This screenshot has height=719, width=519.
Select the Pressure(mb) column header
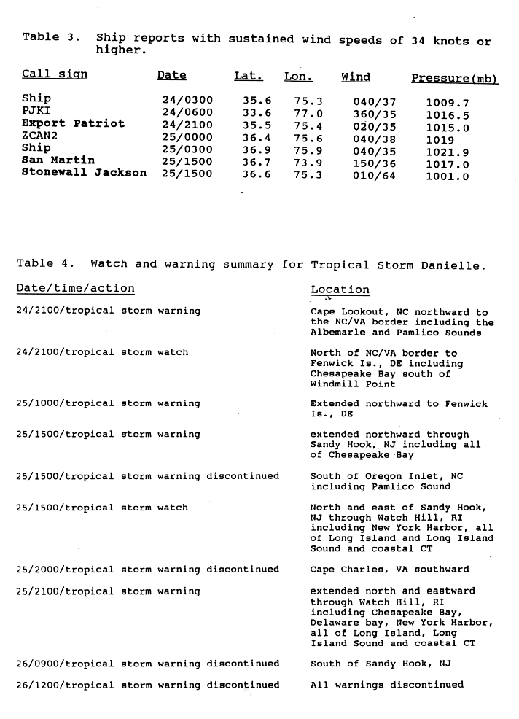pyautogui.click(x=454, y=78)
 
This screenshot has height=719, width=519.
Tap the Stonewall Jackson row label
pyautogui.click(x=84, y=173)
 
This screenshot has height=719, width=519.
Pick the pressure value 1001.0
pyautogui.click(x=448, y=176)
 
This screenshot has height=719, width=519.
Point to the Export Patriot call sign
pyautogui.click(x=73, y=123)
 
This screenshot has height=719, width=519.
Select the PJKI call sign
pyautogui.click(x=35, y=111)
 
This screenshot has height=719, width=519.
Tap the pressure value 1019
pyautogui.click(x=440, y=139)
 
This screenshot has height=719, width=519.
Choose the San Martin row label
pyautogui.click(x=58, y=160)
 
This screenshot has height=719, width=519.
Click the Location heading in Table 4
pyautogui.click(x=340, y=289)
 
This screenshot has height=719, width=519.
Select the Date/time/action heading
pyautogui.click(x=75, y=289)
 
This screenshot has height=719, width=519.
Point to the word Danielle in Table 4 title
pyautogui.click(x=452, y=265)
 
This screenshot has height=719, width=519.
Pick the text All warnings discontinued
pyautogui.click(x=386, y=685)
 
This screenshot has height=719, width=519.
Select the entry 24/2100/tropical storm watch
pyautogui.click(x=102, y=352)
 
